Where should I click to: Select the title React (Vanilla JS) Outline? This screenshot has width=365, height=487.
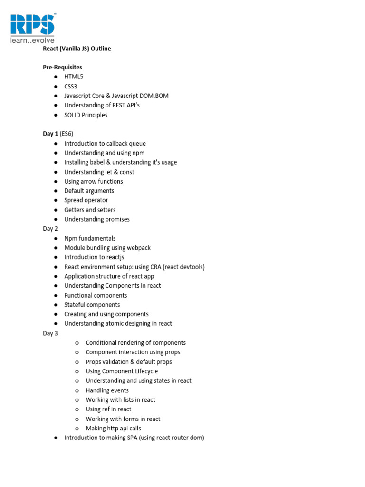tap(77, 49)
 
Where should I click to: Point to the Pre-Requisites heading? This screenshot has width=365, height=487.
tap(63, 68)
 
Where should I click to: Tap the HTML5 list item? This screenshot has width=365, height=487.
tap(74, 77)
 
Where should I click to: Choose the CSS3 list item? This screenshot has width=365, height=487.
tap(71, 86)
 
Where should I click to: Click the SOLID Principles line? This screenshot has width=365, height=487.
tap(86, 115)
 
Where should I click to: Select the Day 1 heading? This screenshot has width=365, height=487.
tap(50, 134)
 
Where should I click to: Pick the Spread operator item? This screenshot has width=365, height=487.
tap(86, 200)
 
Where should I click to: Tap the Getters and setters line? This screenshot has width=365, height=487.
tap(90, 210)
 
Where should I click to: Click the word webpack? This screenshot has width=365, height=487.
tap(139, 248)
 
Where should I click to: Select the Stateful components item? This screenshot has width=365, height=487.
tap(92, 305)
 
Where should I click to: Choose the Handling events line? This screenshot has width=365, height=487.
tap(107, 390)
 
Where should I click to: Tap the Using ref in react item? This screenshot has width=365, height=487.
tap(108, 409)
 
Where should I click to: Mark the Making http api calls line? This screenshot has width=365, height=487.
tap(113, 428)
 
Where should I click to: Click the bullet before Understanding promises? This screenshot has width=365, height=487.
tap(56, 219)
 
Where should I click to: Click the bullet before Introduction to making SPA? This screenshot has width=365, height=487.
tap(56, 438)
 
